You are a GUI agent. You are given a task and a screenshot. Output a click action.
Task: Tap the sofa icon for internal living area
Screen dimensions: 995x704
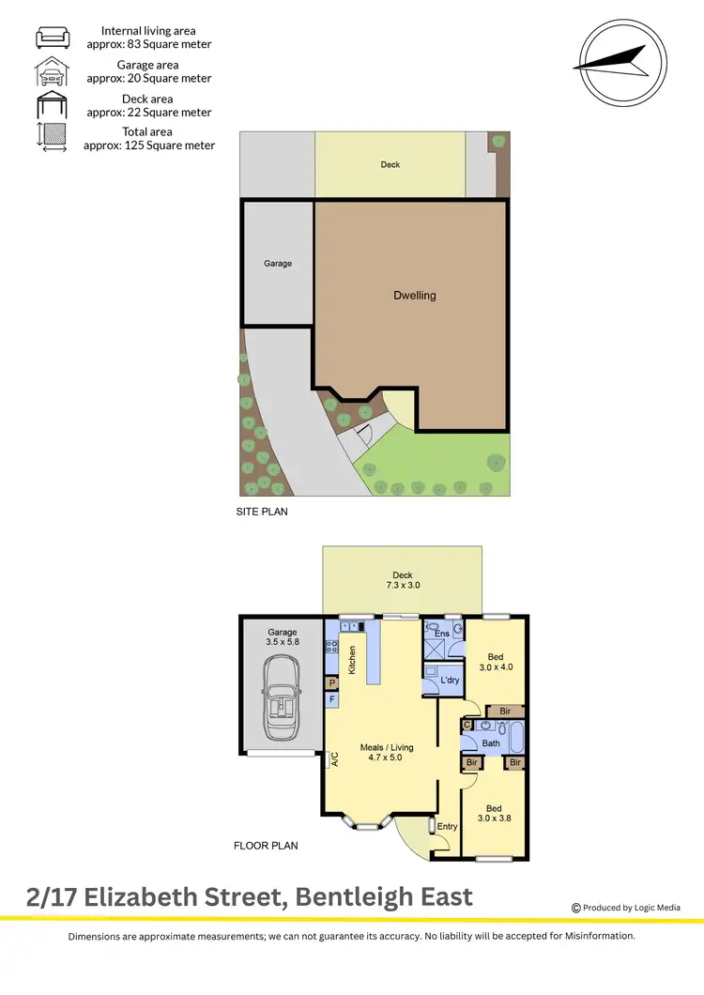click(52, 38)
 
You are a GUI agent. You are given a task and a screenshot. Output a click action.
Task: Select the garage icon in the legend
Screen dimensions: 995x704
click(52, 71)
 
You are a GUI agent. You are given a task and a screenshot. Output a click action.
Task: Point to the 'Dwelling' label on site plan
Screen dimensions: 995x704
click(414, 296)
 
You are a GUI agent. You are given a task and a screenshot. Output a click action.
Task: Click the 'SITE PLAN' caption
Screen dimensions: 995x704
click(262, 513)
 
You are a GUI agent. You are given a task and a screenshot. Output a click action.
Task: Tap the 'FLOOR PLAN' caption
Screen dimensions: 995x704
click(266, 846)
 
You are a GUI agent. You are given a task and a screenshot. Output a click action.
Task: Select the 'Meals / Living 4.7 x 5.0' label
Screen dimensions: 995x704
click(387, 753)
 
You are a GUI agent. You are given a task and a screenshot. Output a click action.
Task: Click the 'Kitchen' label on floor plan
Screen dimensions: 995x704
click(353, 661)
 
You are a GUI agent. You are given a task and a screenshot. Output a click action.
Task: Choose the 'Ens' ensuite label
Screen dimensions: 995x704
click(441, 635)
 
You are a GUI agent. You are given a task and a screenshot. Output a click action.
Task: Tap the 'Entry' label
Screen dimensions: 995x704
click(448, 827)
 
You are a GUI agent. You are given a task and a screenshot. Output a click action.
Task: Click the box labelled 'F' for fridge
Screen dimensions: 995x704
click(332, 699)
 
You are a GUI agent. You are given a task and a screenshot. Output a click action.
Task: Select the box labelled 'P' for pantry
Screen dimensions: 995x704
click(332, 682)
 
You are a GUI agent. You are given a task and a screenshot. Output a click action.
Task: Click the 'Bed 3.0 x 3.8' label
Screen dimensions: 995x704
click(494, 813)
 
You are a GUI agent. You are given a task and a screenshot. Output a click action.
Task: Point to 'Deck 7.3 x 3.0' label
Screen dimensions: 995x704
click(403, 581)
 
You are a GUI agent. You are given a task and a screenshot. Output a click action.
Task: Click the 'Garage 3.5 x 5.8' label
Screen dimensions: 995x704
click(282, 637)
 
